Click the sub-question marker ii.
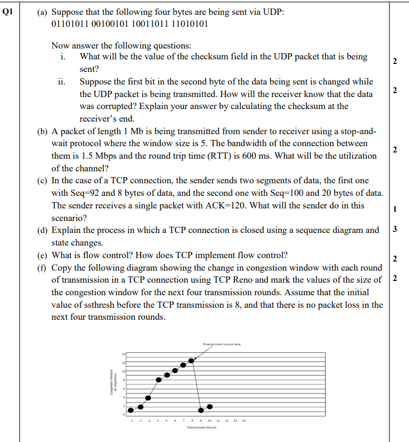coord(62,82)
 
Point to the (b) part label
coord(42,132)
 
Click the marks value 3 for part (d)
coord(396,230)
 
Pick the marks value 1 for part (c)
coord(396,209)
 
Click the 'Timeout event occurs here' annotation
coord(221,344)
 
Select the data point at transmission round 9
coord(201,409)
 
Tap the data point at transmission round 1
coord(131,409)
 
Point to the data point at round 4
coord(158,380)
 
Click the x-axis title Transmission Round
coord(201,427)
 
